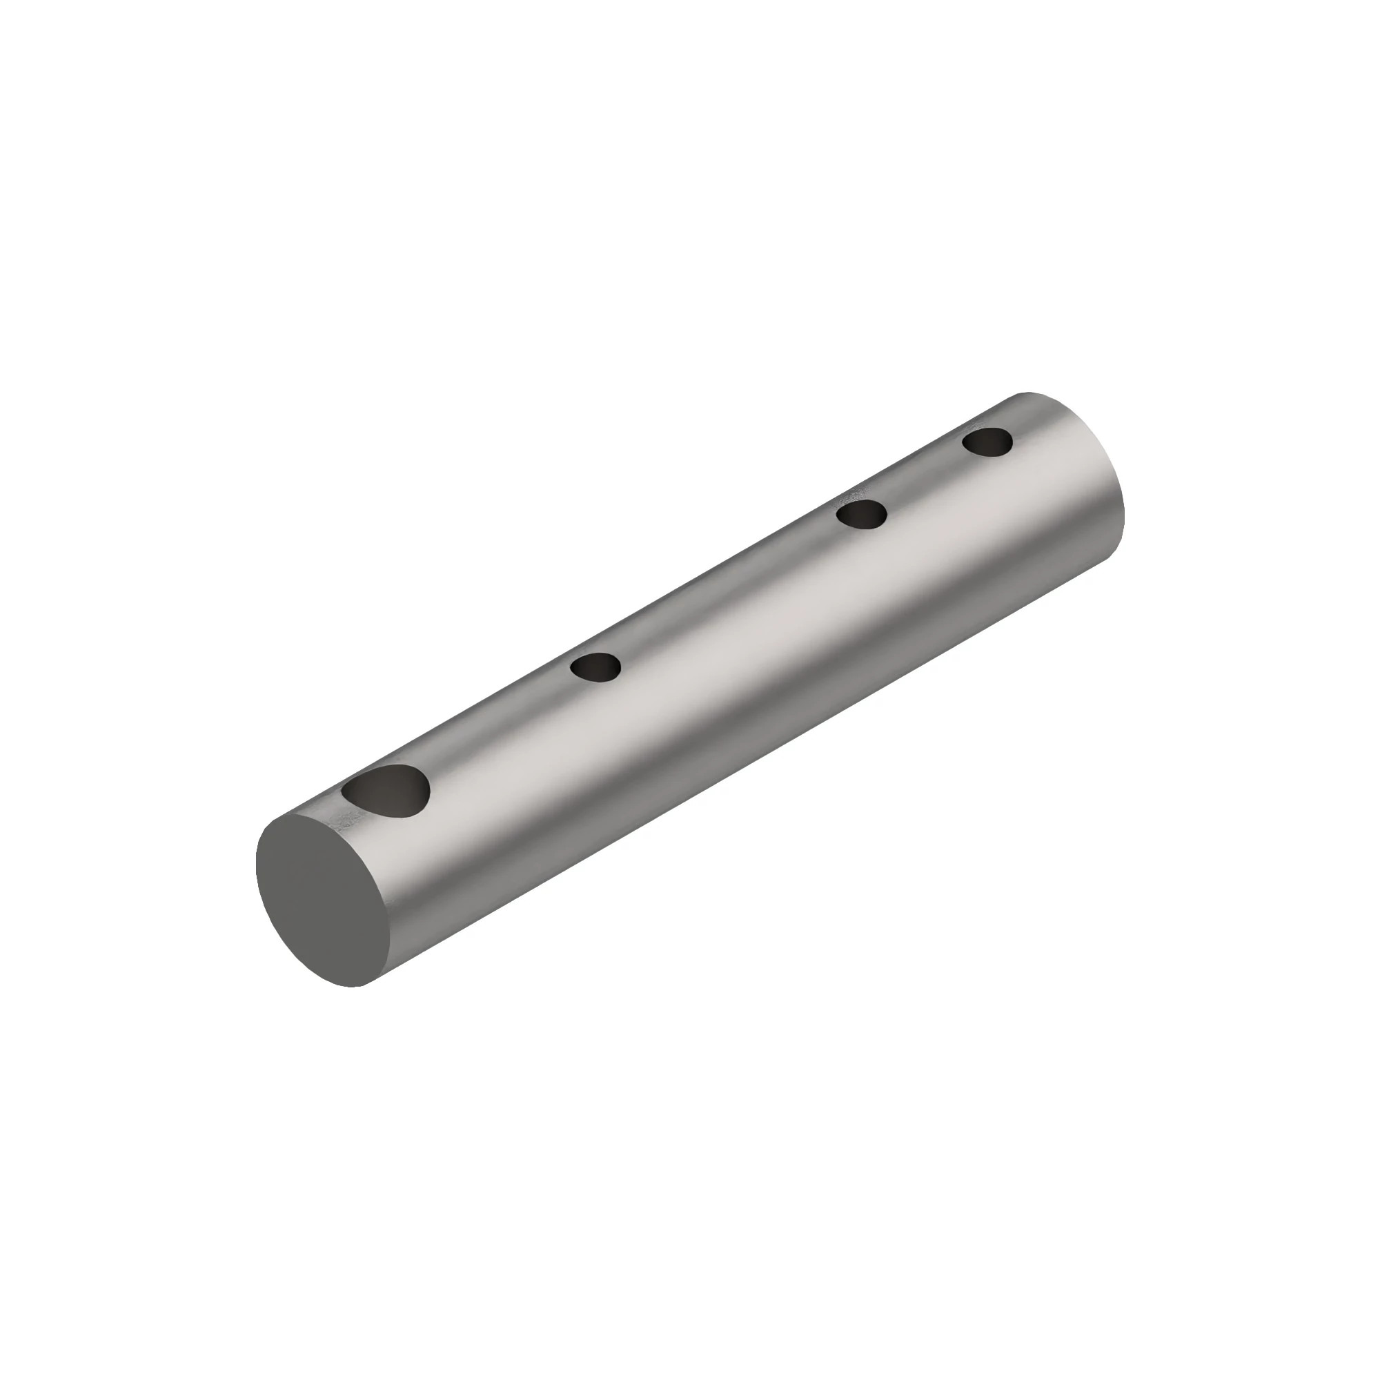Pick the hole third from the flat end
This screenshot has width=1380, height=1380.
click(861, 514)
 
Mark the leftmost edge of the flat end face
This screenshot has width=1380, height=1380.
click(257, 865)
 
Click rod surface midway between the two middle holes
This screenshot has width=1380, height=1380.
click(729, 591)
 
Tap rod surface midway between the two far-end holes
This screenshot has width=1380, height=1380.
click(925, 478)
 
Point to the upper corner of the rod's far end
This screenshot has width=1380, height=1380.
click(1029, 393)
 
